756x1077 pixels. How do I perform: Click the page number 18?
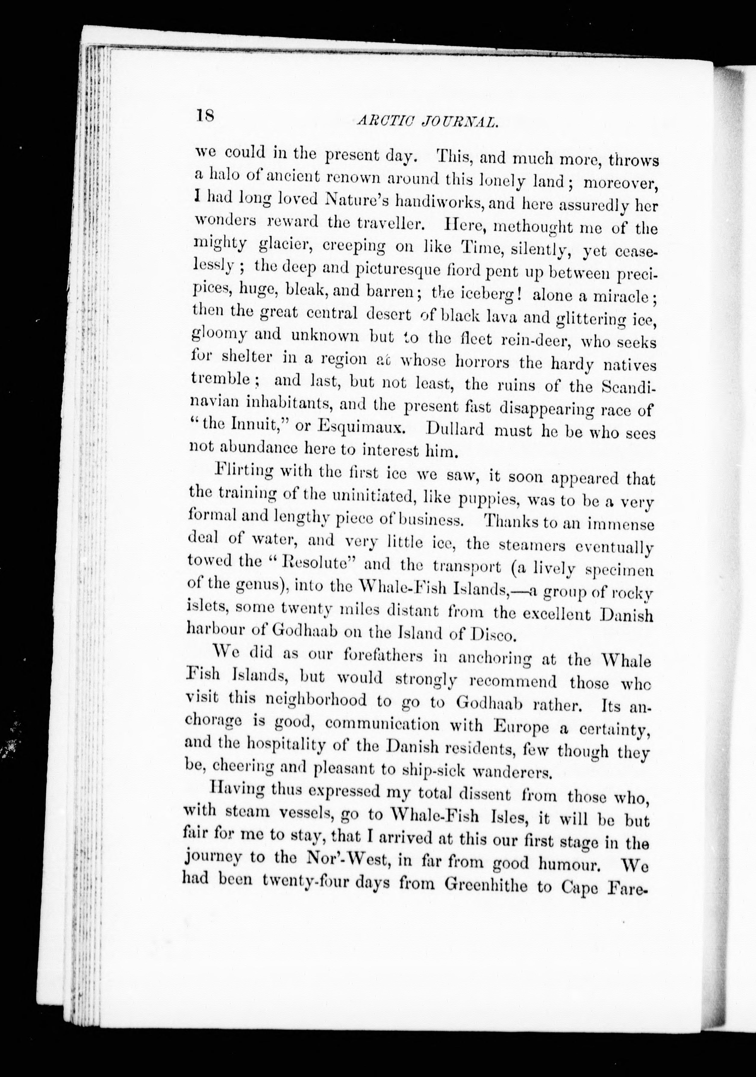coord(205,115)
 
